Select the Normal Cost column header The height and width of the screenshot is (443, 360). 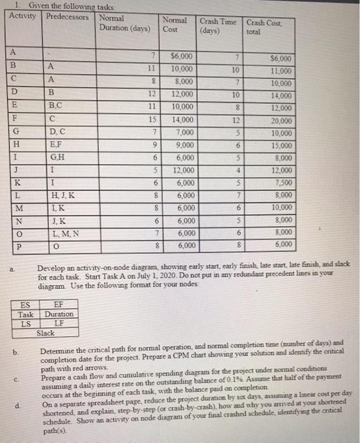pos(174,24)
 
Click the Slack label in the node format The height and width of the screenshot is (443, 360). pos(46,332)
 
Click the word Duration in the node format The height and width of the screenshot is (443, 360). pos(58,314)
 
